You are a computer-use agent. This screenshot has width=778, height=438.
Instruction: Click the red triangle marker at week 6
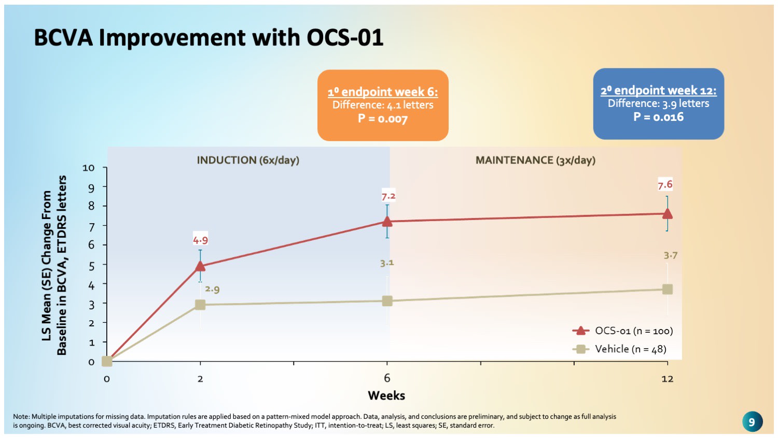[x=387, y=222]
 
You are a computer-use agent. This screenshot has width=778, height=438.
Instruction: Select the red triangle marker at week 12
[x=667, y=214]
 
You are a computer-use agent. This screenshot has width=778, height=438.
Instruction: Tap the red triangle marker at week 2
[x=200, y=267]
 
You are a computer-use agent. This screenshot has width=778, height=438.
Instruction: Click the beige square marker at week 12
[x=667, y=289]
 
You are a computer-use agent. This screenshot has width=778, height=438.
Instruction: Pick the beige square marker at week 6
[x=387, y=301]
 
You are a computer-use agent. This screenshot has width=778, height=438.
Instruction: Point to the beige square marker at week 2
[x=200, y=305]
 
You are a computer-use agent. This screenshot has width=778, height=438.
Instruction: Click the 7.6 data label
[x=665, y=184]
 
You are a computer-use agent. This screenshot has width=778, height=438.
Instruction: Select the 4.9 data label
[x=200, y=240]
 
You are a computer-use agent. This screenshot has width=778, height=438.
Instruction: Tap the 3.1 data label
[x=387, y=263]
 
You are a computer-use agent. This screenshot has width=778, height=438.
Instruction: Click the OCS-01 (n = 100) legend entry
[x=622, y=331]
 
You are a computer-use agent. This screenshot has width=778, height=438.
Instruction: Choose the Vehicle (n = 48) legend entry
[x=619, y=349]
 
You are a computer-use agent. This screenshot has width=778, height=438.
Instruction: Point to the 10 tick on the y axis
[x=89, y=168]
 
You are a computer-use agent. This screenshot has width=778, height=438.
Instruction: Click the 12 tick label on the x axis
[x=667, y=379]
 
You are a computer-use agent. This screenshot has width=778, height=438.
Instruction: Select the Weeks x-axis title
[x=386, y=395]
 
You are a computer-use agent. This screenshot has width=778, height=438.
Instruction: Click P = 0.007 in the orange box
[x=383, y=119]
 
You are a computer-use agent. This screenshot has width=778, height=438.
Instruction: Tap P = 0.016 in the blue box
[x=658, y=117]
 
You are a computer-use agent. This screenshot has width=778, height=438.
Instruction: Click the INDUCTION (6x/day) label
[x=248, y=160]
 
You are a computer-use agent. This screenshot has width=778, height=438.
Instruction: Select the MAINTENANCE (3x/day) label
[x=535, y=160]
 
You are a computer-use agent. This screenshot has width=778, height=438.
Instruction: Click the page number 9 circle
[x=752, y=421]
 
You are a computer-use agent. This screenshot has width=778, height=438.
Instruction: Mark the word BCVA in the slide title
[x=63, y=38]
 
